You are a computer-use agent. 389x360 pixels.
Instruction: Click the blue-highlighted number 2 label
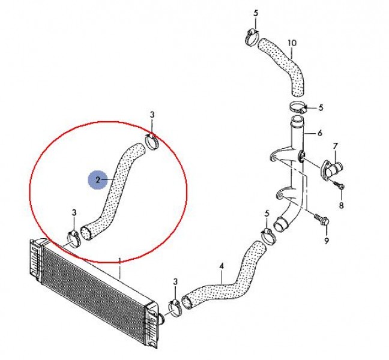98,180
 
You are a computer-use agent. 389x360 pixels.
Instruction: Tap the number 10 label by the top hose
292,43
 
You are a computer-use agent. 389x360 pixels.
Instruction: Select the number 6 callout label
319,133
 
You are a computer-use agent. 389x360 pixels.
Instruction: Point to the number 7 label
335,146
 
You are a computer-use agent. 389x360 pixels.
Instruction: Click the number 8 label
342,205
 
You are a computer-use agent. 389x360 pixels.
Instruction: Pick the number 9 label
326,240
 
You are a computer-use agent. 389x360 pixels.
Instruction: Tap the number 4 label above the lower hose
222,266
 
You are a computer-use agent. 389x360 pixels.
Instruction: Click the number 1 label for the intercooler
119,261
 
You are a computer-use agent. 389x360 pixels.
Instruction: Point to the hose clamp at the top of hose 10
252,37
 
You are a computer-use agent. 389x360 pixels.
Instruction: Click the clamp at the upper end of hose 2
152,142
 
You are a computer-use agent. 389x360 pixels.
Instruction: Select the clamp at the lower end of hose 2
74,239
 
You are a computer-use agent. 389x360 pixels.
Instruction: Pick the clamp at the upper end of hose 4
268,236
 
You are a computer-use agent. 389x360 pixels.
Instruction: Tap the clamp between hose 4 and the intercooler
176,308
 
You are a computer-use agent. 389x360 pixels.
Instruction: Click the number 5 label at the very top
256,13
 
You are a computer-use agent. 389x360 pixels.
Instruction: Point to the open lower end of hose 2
86,233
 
